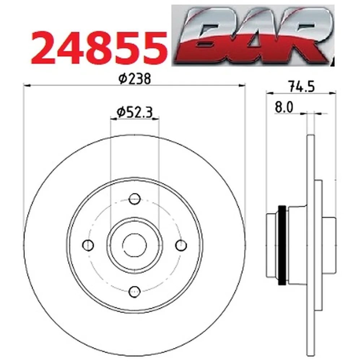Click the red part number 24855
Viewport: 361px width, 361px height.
(x=99, y=48)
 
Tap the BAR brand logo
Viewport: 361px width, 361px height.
(x=253, y=36)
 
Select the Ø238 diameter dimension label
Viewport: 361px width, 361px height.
(x=135, y=78)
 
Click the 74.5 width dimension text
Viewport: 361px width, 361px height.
(x=301, y=87)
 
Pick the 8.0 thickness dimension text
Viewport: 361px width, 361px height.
(x=284, y=107)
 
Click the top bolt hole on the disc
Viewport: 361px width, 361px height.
(x=135, y=199)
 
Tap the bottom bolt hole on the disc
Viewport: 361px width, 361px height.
(x=135, y=292)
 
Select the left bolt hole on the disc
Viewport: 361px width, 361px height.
(x=88, y=245)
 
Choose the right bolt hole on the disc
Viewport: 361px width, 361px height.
(x=181, y=245)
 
